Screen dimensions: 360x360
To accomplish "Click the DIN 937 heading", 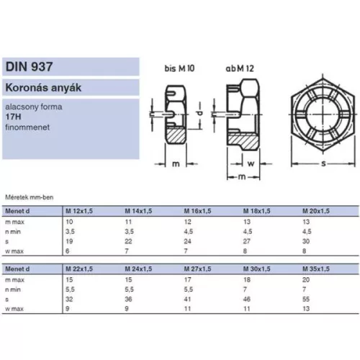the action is tap(29, 66).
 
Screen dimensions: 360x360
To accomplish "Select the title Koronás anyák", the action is tap(43, 88).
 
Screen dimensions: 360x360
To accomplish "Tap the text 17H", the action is tap(13, 117).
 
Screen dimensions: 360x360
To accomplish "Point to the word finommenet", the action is tap(27, 127).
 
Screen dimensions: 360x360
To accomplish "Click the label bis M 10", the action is tap(179, 68).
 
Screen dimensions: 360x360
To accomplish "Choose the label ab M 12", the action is tap(240, 68).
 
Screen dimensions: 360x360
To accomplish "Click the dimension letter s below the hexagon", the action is tap(324, 163).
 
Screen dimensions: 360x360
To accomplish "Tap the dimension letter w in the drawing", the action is tap(251, 163).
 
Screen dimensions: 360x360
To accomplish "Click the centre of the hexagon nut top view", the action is tap(323, 114).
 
